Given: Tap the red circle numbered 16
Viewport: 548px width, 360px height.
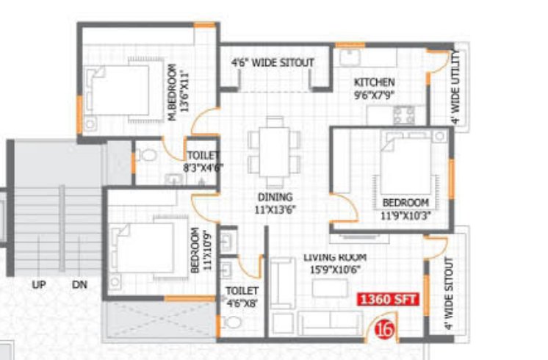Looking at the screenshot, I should pos(384,330).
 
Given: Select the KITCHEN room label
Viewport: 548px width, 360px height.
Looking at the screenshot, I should pos(374,82).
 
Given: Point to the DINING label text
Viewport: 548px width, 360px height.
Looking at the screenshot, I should pos(275,197).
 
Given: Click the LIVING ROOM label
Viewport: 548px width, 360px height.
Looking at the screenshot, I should pos(335,257).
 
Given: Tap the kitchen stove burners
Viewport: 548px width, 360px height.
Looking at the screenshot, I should pos(404,114).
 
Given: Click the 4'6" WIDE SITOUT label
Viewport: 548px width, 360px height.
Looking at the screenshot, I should pos(273,63).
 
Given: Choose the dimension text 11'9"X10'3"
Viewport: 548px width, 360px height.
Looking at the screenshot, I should pos(405,216).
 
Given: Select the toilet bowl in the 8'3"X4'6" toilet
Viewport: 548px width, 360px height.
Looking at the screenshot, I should pos(145,156).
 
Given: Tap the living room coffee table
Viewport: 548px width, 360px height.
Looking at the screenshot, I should pos(328,288).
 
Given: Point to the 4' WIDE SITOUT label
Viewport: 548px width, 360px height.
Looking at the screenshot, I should pos(450,294).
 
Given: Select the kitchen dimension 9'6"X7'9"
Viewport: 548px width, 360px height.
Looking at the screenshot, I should pos(375,94).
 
